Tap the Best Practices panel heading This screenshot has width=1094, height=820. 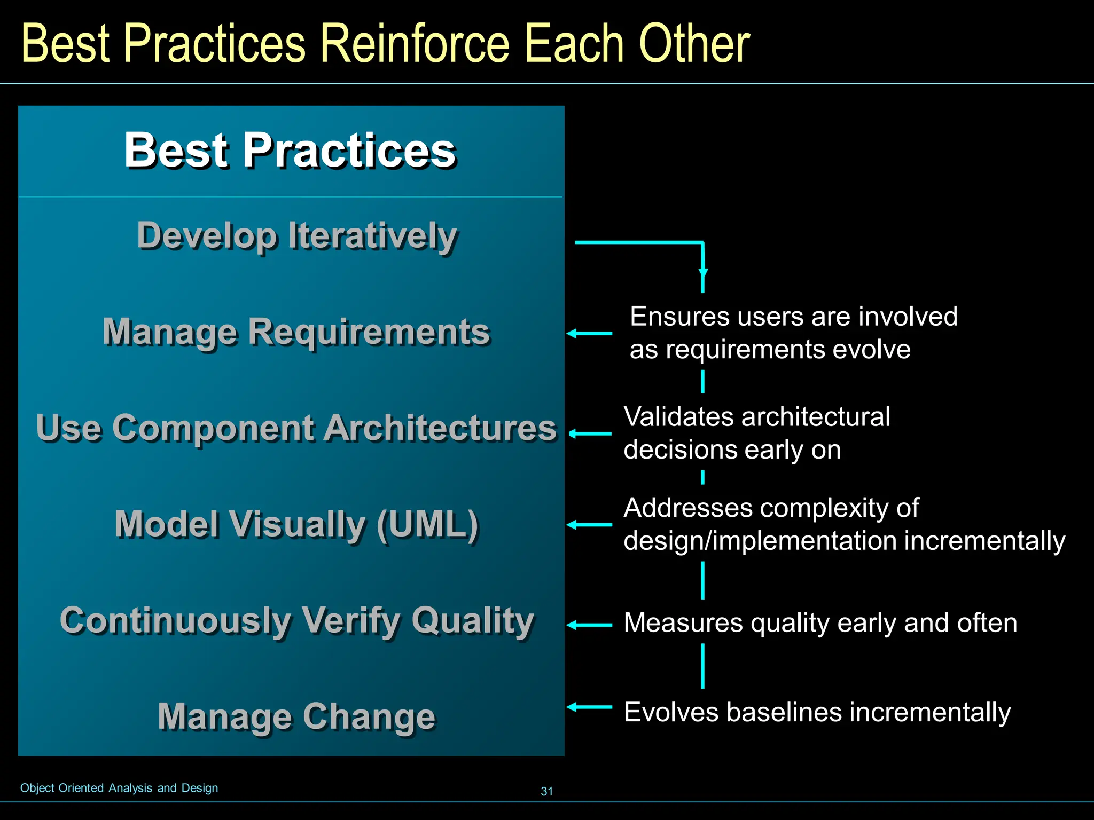click(x=290, y=151)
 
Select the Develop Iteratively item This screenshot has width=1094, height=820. click(x=297, y=235)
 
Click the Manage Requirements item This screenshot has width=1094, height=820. click(x=296, y=332)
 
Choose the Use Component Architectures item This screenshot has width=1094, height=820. click(x=296, y=428)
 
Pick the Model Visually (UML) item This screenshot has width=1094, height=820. click(x=296, y=524)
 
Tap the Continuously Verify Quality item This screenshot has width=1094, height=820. click(x=297, y=620)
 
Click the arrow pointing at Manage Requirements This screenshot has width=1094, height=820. click(x=589, y=334)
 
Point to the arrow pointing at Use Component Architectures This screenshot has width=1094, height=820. click(x=590, y=433)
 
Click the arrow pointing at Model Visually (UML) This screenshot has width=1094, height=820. click(x=589, y=525)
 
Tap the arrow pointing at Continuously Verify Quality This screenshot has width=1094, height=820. click(x=589, y=625)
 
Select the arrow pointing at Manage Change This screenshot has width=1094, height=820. click(x=589, y=707)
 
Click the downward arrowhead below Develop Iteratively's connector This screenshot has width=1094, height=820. click(x=703, y=273)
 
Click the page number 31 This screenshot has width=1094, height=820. click(x=546, y=791)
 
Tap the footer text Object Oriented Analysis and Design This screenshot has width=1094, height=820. click(x=119, y=788)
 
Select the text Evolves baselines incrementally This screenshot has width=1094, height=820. click(x=817, y=713)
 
